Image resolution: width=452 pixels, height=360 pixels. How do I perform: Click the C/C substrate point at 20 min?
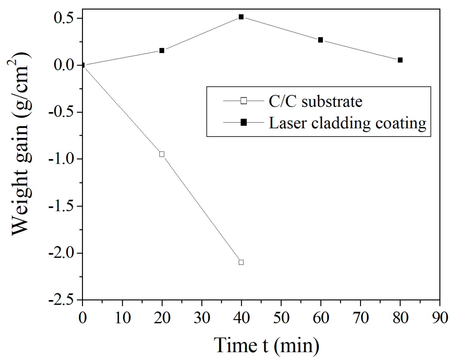(x=161, y=154)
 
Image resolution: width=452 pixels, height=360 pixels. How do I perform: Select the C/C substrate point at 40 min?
(x=241, y=262)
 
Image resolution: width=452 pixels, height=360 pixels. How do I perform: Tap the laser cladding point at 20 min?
(x=161, y=51)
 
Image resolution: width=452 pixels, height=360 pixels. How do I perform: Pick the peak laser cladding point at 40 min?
(x=241, y=17)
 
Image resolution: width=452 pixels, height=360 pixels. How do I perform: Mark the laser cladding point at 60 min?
(x=320, y=40)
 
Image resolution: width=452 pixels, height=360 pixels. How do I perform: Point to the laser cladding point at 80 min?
(x=400, y=60)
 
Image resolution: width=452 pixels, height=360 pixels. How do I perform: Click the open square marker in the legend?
(x=243, y=101)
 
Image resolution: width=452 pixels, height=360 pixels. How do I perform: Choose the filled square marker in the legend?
(x=243, y=123)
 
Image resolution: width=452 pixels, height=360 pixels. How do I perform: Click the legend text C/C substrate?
(x=315, y=101)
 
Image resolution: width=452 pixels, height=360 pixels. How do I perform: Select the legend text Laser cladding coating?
(x=348, y=123)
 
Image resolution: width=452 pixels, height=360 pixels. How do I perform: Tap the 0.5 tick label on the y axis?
(x=64, y=18)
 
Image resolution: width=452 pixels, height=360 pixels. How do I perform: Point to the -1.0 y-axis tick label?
(x=61, y=159)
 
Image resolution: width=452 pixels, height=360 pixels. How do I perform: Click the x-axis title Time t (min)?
(x=267, y=345)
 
